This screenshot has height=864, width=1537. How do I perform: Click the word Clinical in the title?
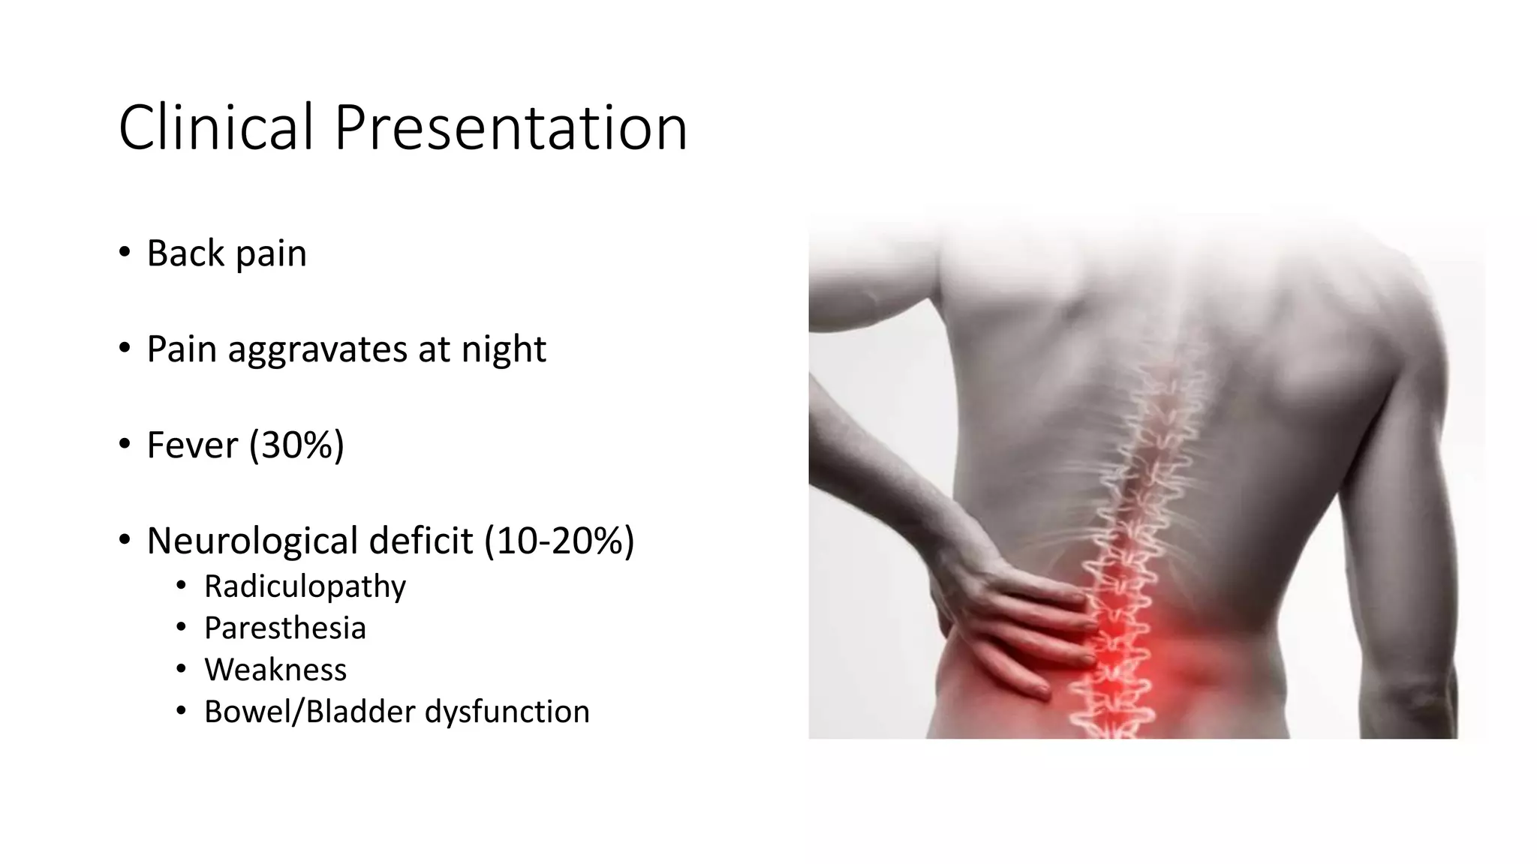click(x=215, y=127)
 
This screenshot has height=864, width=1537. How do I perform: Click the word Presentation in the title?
click(x=510, y=127)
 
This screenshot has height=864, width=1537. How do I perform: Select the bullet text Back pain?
click(x=227, y=253)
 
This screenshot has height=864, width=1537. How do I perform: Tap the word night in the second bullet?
click(x=504, y=349)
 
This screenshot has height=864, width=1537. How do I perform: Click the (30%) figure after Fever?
click(x=296, y=445)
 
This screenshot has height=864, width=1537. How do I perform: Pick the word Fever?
click(x=192, y=445)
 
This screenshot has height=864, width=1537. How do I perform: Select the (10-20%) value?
click(x=559, y=541)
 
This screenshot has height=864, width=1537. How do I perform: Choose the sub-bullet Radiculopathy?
click(x=305, y=586)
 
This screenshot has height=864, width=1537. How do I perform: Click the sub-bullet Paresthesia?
click(x=285, y=628)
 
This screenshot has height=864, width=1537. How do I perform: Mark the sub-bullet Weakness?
click(x=275, y=670)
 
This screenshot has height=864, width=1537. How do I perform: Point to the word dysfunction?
click(x=507, y=712)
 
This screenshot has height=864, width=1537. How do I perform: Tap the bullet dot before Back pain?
click(x=125, y=252)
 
